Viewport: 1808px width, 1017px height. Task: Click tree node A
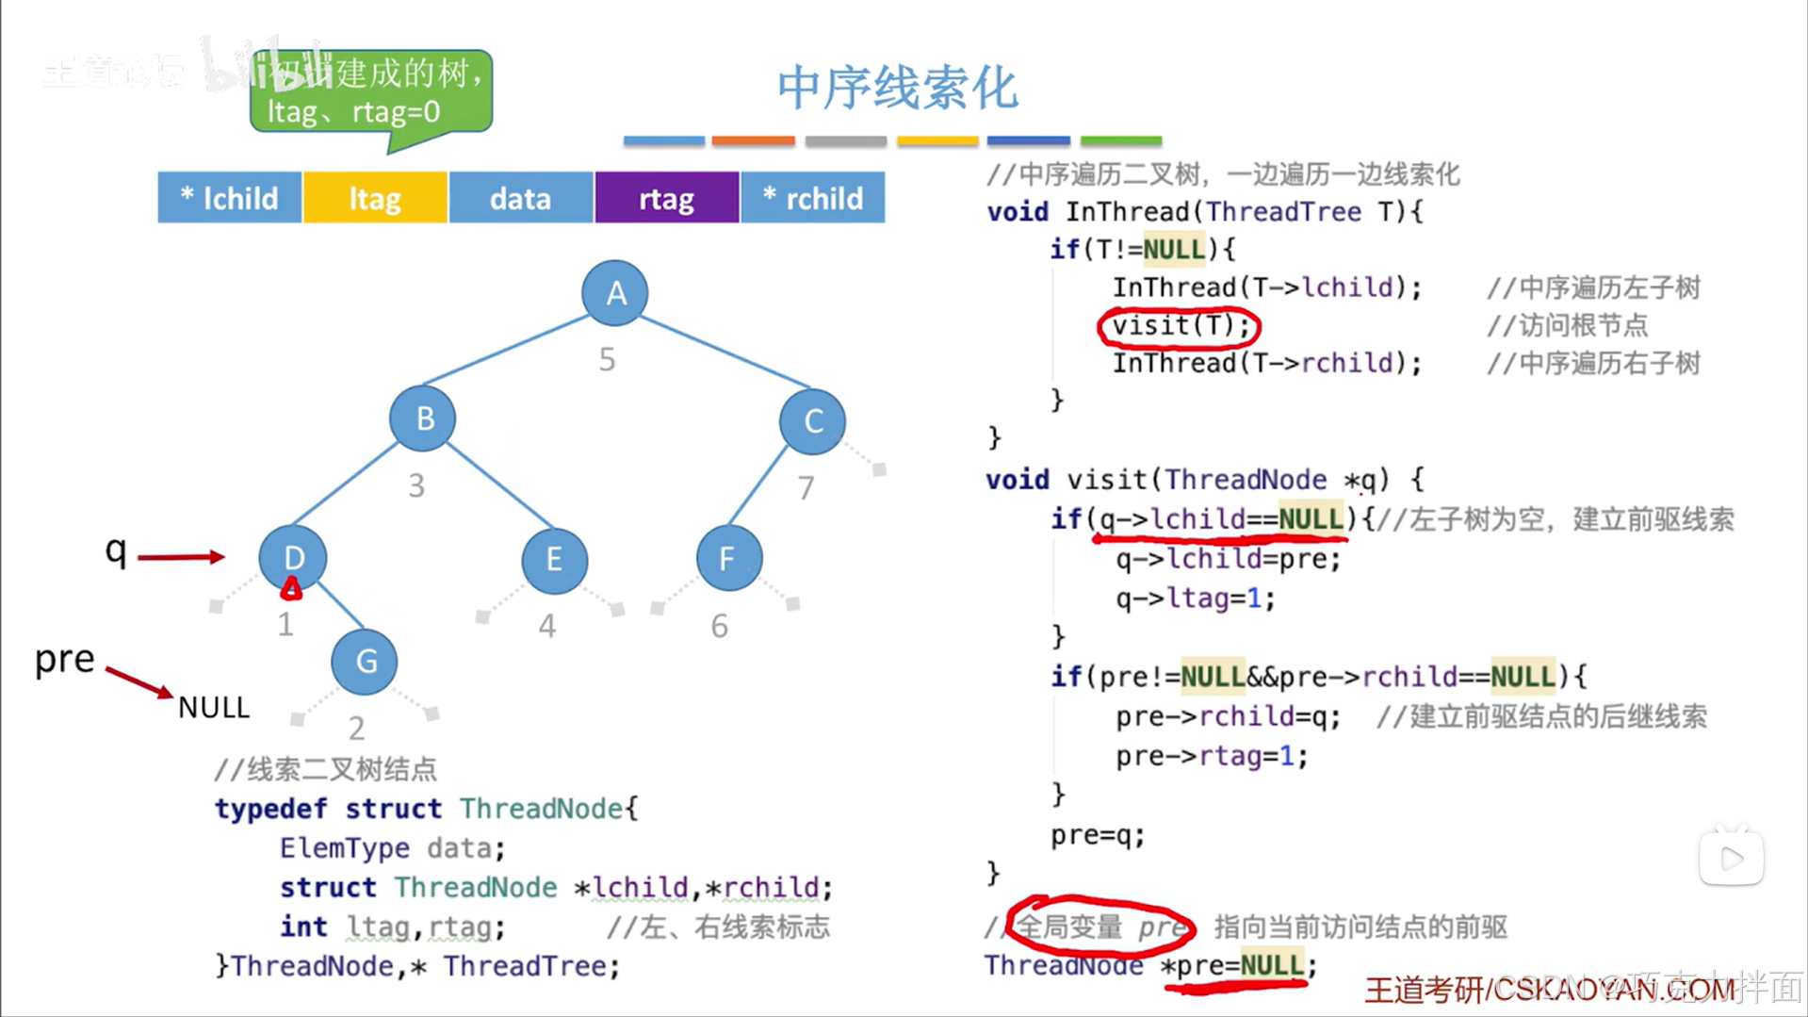coord(615,293)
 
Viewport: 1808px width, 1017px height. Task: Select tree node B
coord(423,418)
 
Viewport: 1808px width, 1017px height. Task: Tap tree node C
coord(812,421)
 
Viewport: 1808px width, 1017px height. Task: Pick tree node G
coord(365,662)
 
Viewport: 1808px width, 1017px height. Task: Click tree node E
coord(554,560)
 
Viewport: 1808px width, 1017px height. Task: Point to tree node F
coord(728,559)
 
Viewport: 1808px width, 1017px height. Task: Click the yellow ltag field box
coord(375,198)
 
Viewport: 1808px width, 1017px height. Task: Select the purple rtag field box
coord(666,198)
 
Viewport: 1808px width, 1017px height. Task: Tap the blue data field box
coord(520,198)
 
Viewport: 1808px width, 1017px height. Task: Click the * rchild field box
coord(813,198)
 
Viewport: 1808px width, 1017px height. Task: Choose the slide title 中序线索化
coord(897,89)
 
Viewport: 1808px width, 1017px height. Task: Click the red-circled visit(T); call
coord(1180,326)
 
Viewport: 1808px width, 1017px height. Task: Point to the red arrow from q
coord(181,557)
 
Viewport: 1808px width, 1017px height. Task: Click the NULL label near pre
coord(214,708)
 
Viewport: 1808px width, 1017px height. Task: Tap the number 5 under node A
coord(608,359)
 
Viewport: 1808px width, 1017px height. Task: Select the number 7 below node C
coord(806,488)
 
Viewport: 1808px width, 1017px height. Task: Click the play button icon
coord(1731,858)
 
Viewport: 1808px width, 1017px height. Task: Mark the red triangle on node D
coord(291,590)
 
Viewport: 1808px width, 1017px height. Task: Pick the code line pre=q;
coord(1098,835)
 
